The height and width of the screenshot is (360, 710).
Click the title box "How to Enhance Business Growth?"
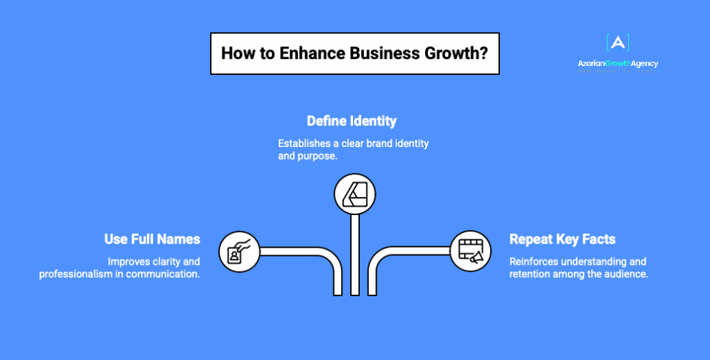354,53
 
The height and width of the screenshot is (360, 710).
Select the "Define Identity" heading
352,121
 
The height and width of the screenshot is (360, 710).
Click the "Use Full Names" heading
152,239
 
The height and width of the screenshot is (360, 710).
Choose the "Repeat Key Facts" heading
562,239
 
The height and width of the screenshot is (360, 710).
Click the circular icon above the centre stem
354,193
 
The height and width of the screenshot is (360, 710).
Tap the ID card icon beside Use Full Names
239,251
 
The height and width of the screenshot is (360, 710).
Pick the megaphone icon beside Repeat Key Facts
470,251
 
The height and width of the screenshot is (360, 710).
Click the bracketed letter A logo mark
618,42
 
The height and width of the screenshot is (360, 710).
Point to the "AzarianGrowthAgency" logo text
618,64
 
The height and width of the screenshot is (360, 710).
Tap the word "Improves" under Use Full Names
128,262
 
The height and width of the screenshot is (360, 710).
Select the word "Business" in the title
380,53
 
